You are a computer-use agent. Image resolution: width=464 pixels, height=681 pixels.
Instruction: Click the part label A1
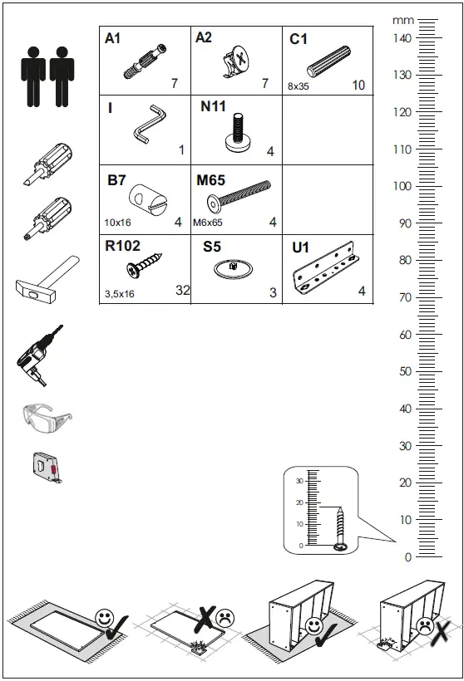(114, 38)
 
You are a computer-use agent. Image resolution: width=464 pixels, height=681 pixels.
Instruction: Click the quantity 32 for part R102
(183, 290)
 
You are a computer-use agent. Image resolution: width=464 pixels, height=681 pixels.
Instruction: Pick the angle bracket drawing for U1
(328, 272)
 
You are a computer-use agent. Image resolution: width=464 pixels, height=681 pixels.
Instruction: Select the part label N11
(213, 107)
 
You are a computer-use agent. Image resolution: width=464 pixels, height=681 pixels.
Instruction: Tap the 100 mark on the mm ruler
(402, 186)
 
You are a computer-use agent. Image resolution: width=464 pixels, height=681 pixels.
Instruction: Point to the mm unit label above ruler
(403, 20)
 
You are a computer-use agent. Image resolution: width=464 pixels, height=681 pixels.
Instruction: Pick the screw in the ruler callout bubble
(340, 527)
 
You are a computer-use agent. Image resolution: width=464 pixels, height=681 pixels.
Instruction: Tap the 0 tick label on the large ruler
(407, 557)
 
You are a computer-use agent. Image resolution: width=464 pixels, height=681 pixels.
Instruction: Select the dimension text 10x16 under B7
(118, 223)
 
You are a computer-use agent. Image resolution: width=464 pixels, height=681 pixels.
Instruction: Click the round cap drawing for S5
(237, 269)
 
